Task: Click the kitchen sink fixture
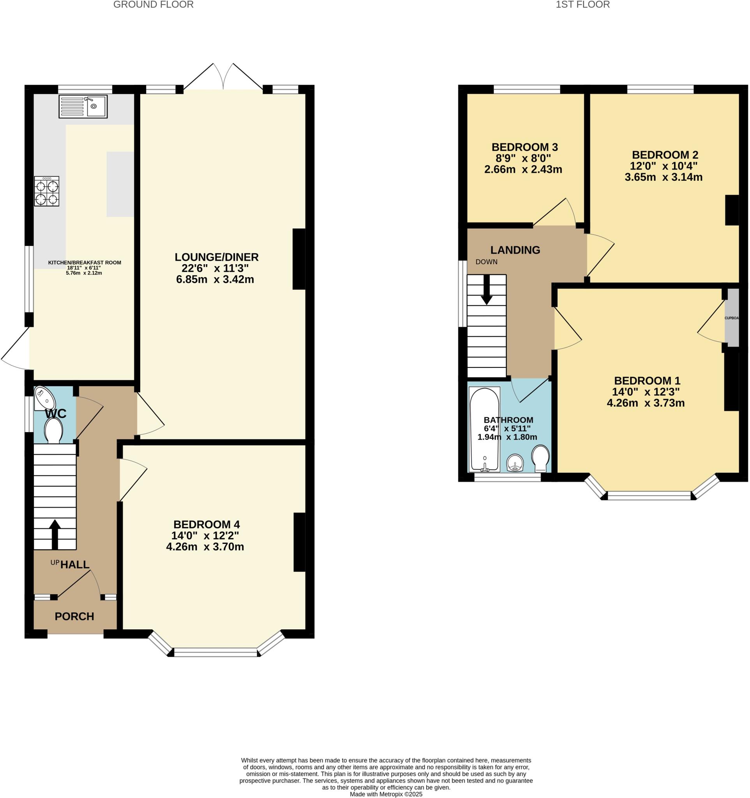[x=83, y=106]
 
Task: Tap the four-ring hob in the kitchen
[x=46, y=191]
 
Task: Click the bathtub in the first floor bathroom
[x=485, y=429]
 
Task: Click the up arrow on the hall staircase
[x=55, y=534]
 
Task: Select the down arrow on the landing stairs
[x=487, y=290]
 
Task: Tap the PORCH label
[x=74, y=616]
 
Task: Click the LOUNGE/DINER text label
[x=216, y=257]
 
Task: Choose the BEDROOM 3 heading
[x=524, y=147]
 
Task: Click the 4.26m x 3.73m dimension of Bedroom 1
[x=646, y=403]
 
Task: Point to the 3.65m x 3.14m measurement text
[x=664, y=177]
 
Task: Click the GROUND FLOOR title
[x=153, y=5]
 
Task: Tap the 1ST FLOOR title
[x=583, y=5]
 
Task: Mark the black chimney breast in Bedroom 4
[x=299, y=542]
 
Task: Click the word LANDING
[x=515, y=250]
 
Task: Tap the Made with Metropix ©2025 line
[x=386, y=794]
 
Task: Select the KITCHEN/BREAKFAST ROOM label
[x=84, y=263]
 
